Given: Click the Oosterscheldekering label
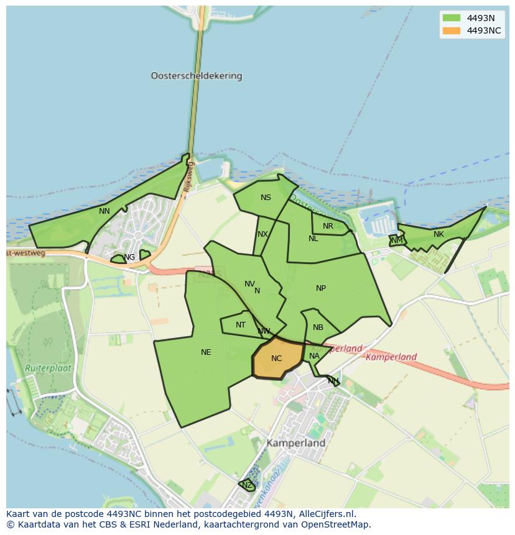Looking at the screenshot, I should (196, 76).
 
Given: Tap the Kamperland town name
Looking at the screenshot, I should (296, 444).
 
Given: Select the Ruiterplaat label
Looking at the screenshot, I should (49, 368).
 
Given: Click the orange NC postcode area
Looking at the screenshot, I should (277, 359).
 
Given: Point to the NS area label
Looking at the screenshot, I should (266, 198).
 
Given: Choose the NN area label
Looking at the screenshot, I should (104, 211).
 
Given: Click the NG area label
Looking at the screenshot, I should (129, 257).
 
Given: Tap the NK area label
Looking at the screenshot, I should (438, 234).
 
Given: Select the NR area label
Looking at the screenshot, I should (328, 226).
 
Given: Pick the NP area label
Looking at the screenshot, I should (321, 288).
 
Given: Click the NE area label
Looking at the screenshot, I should (206, 352).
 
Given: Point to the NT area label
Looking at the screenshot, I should (241, 325).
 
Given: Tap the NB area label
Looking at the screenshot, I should (318, 327).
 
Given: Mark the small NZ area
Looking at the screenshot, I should (247, 485).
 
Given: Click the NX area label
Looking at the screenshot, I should (262, 234).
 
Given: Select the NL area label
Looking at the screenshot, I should (313, 239).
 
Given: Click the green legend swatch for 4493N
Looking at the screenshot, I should (451, 18).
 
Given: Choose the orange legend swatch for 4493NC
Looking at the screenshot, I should (451, 30).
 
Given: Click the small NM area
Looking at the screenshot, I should (397, 240).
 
